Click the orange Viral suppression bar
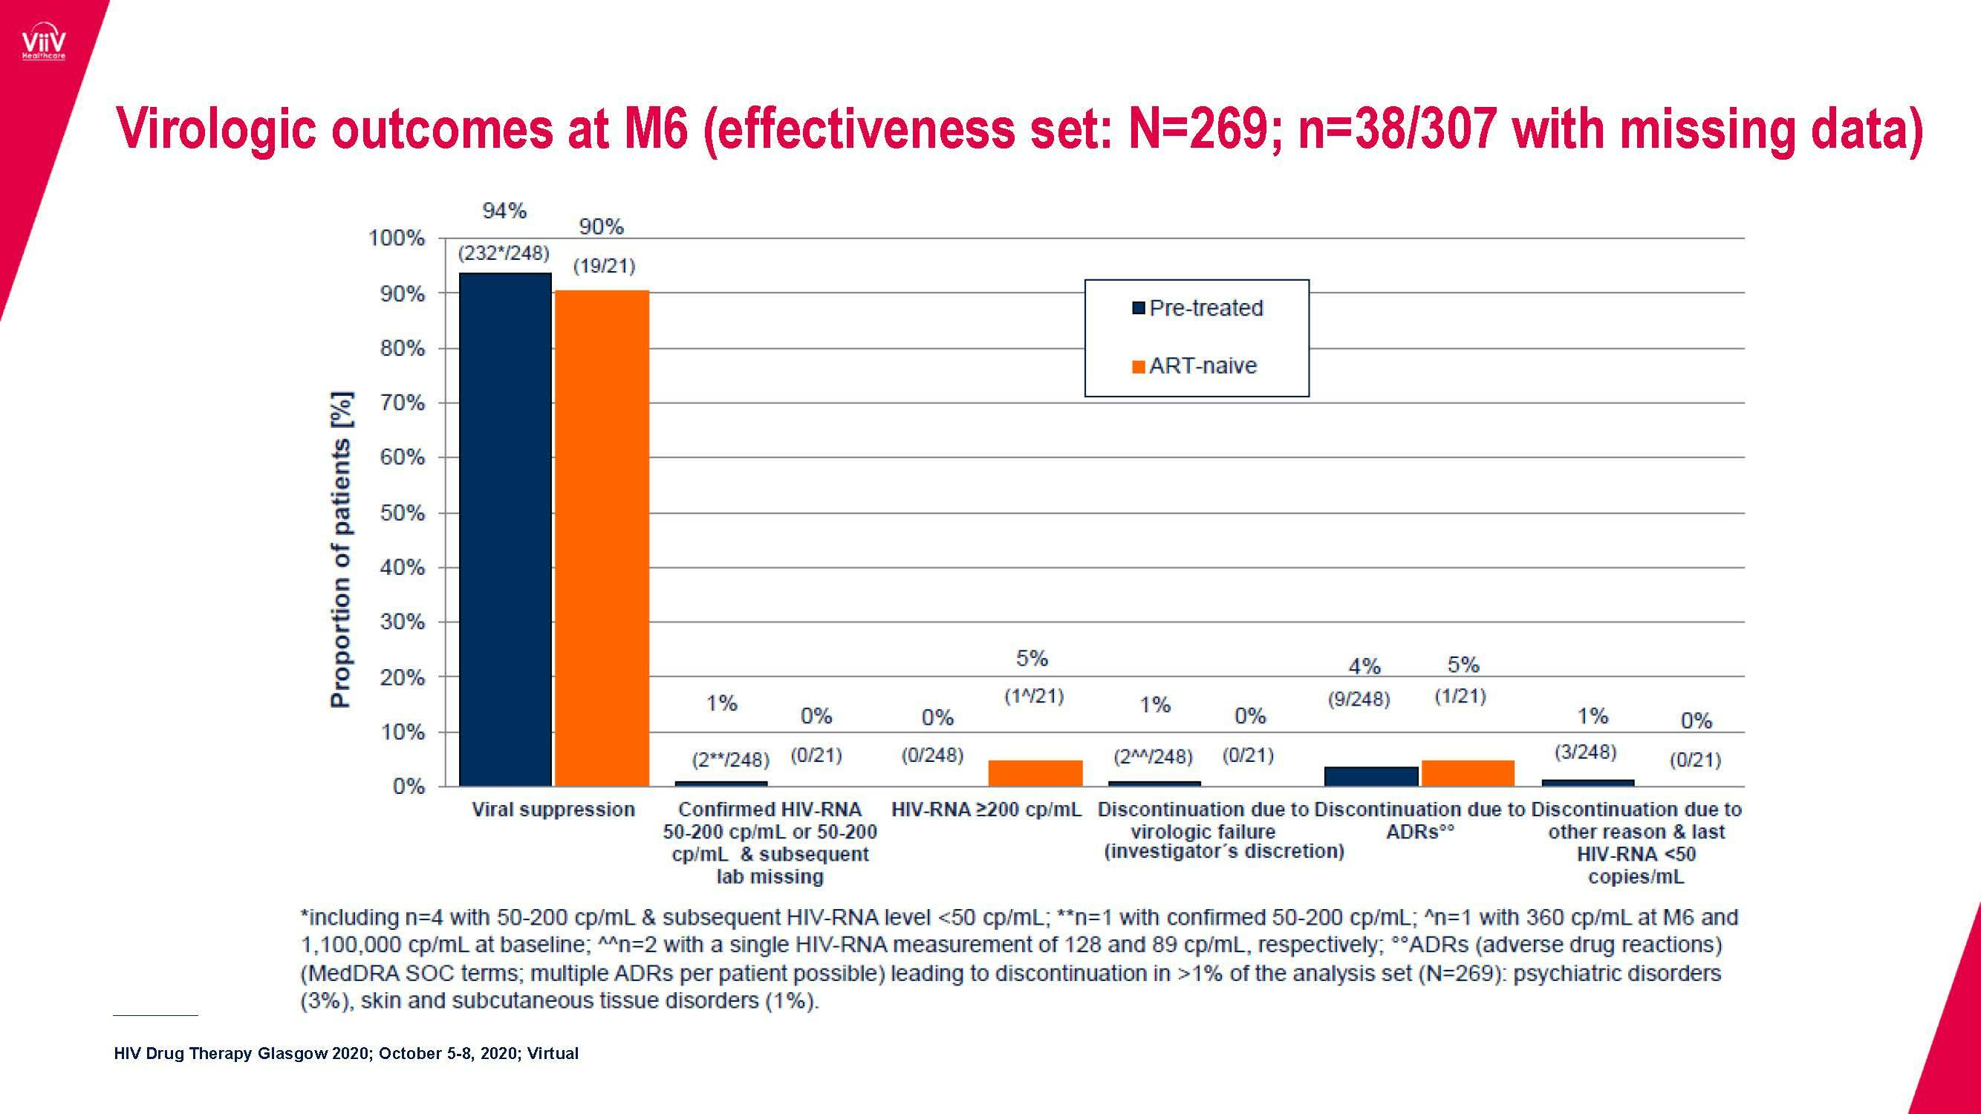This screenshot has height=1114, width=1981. point(602,538)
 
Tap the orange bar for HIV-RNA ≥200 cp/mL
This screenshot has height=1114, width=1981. point(1035,772)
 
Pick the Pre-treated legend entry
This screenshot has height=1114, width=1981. point(1205,308)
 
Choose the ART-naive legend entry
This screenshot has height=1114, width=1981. point(1202,366)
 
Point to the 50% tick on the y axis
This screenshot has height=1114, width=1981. point(403,512)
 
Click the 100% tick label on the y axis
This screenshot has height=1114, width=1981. point(397,238)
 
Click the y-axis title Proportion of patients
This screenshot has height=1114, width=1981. point(340,550)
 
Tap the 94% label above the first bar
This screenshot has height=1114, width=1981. point(504,211)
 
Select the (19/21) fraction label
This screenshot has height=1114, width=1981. point(604,267)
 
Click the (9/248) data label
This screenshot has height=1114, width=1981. point(1359,700)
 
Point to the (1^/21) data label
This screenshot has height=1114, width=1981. point(1033,697)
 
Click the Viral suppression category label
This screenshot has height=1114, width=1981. point(553,810)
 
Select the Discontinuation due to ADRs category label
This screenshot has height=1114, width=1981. point(1419,821)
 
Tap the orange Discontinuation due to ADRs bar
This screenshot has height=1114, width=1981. point(1467,772)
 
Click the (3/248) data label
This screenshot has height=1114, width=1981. point(1585,752)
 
